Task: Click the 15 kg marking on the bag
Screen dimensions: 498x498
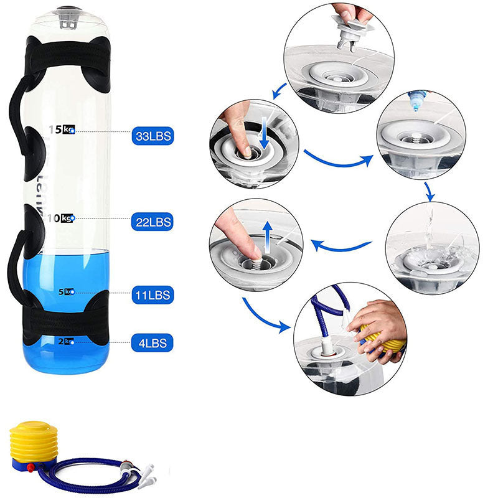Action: pyautogui.click(x=63, y=129)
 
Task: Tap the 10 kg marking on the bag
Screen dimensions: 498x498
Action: pyautogui.click(x=63, y=218)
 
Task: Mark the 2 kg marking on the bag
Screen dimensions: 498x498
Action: pyautogui.click(x=65, y=341)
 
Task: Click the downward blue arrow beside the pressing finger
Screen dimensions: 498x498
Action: pyautogui.click(x=265, y=134)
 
